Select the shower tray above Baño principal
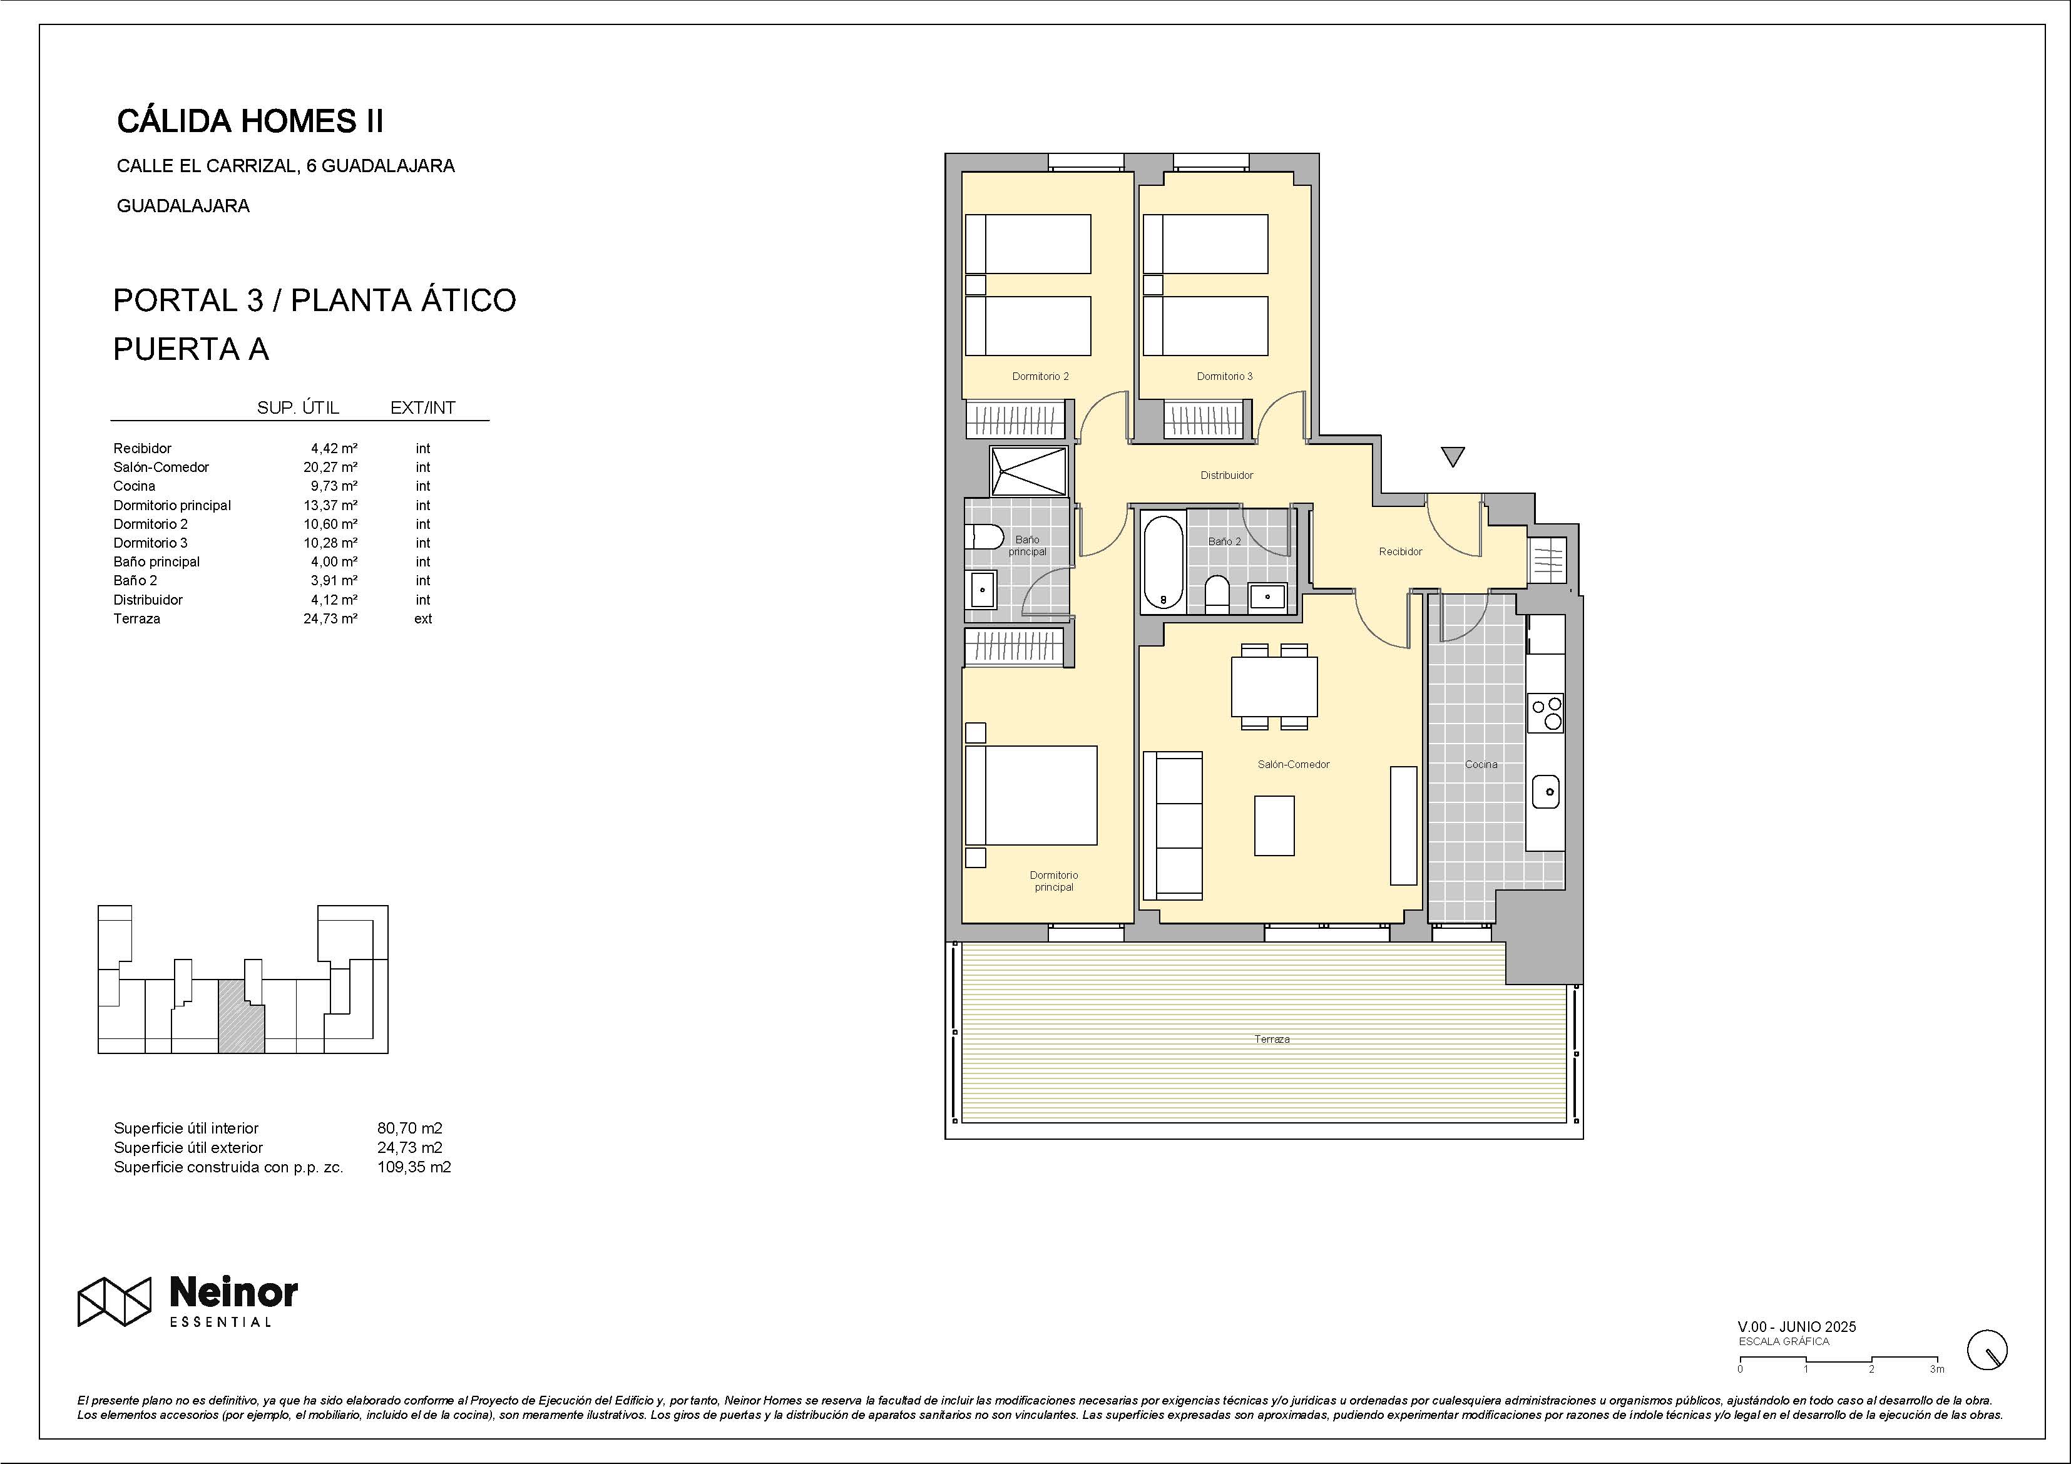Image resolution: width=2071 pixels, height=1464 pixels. pos(1028,470)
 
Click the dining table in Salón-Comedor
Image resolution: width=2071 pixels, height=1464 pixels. pos(1274,687)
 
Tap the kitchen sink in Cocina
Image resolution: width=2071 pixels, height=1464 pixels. pos(1546,791)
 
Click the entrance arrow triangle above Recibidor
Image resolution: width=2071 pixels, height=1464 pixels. pos(1452,456)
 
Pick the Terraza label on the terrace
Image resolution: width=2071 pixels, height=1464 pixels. pos(1272,1039)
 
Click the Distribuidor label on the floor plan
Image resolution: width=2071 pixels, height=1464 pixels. pos(1227,475)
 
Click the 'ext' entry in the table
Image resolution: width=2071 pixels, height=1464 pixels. pos(423,619)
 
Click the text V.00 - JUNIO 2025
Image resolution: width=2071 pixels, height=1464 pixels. pos(1797,1327)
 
